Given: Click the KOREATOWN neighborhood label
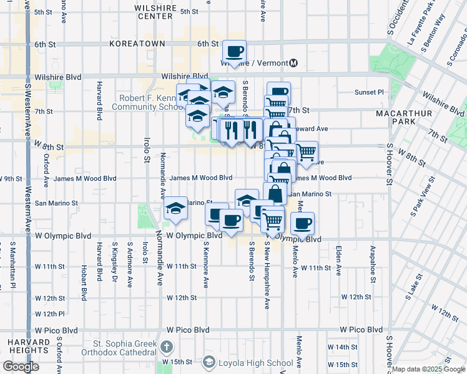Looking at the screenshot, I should [137, 44].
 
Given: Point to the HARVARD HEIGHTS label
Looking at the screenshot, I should [29, 347].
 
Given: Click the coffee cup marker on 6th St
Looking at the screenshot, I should [235, 51].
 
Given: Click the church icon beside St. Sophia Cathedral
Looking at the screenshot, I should [166, 346].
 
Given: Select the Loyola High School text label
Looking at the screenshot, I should [256, 363].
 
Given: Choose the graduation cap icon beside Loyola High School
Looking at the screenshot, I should [209, 363].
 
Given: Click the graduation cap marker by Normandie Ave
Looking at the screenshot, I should [176, 208].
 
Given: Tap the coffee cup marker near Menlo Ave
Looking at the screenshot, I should [303, 224].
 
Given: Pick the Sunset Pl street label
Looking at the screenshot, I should [369, 92].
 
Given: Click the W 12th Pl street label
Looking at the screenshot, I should [49, 314].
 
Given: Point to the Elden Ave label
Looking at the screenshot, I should [339, 262].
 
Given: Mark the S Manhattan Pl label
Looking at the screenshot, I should [12, 268].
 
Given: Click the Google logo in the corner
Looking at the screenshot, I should [21, 366].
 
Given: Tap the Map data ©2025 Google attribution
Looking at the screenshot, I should [428, 369].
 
